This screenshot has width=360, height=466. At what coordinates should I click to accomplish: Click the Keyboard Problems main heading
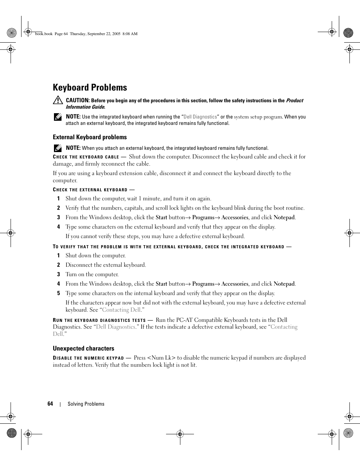point(90,88)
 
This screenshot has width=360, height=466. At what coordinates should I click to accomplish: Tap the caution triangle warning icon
point(57,100)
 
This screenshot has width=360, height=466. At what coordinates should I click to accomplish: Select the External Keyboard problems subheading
point(90,137)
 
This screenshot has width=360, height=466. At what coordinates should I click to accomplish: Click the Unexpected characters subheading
point(83,349)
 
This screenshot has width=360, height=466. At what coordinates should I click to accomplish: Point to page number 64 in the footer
point(50,404)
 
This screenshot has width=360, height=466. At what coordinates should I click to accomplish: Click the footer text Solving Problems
point(86,404)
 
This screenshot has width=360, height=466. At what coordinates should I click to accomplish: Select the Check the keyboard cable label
point(86,157)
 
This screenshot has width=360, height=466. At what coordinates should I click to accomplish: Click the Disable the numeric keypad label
point(88,358)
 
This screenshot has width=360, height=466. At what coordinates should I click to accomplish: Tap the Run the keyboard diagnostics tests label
point(99,320)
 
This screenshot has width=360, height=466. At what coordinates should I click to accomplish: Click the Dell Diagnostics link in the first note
point(200,117)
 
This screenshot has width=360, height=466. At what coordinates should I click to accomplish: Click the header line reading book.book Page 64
point(86,34)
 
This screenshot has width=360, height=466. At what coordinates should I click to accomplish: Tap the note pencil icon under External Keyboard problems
point(57,148)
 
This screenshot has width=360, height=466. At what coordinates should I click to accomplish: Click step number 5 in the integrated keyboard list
point(58,293)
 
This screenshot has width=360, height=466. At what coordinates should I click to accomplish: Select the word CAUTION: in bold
point(78,100)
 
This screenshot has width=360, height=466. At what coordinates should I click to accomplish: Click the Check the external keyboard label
point(90,190)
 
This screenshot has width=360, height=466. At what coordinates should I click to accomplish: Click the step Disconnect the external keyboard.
point(106,265)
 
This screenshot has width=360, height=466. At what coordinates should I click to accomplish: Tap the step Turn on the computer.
point(92,274)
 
